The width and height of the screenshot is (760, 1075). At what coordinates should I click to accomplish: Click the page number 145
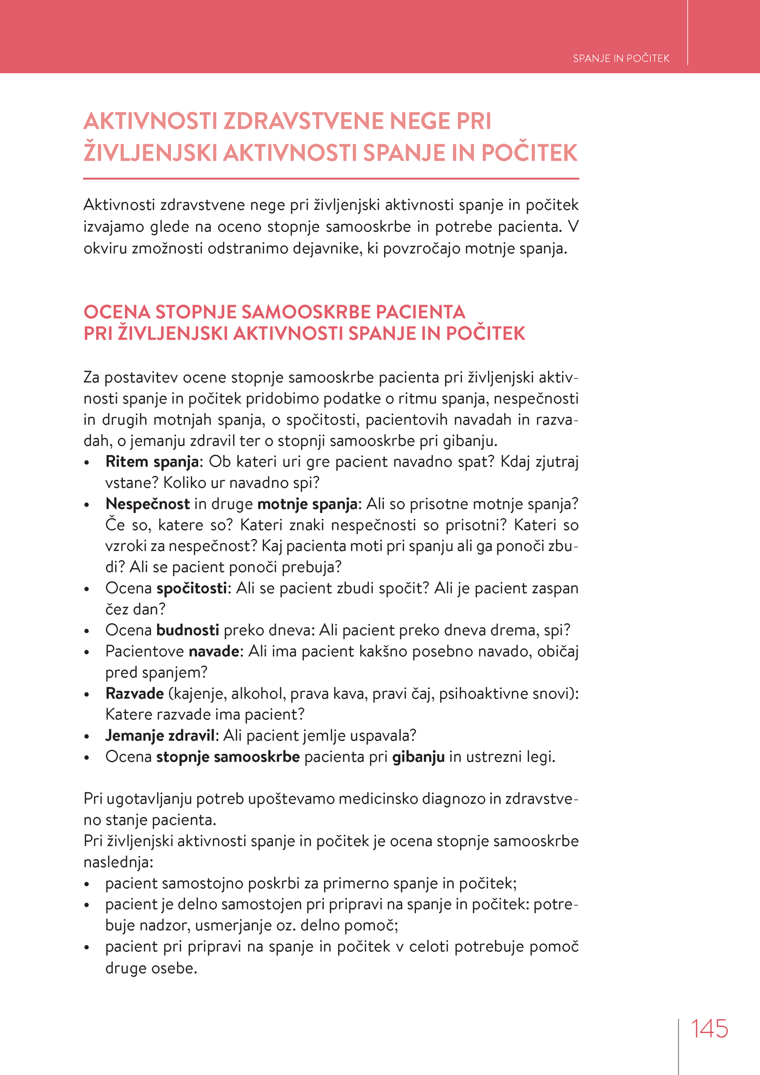coord(710,1029)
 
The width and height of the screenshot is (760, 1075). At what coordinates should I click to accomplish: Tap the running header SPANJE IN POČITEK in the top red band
coord(621,58)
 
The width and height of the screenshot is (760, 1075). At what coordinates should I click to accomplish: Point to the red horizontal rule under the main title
coord(331,179)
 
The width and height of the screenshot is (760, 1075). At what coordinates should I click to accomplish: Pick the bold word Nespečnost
coord(147,504)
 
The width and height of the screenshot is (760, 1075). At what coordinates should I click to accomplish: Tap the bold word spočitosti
coord(192,588)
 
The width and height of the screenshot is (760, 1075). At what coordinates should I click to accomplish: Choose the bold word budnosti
coord(188,630)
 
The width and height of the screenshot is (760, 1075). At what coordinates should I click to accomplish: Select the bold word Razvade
coord(135,694)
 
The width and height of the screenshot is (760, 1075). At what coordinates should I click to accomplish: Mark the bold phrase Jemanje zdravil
coord(160,736)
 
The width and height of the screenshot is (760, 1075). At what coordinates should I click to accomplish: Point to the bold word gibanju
coord(419,757)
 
